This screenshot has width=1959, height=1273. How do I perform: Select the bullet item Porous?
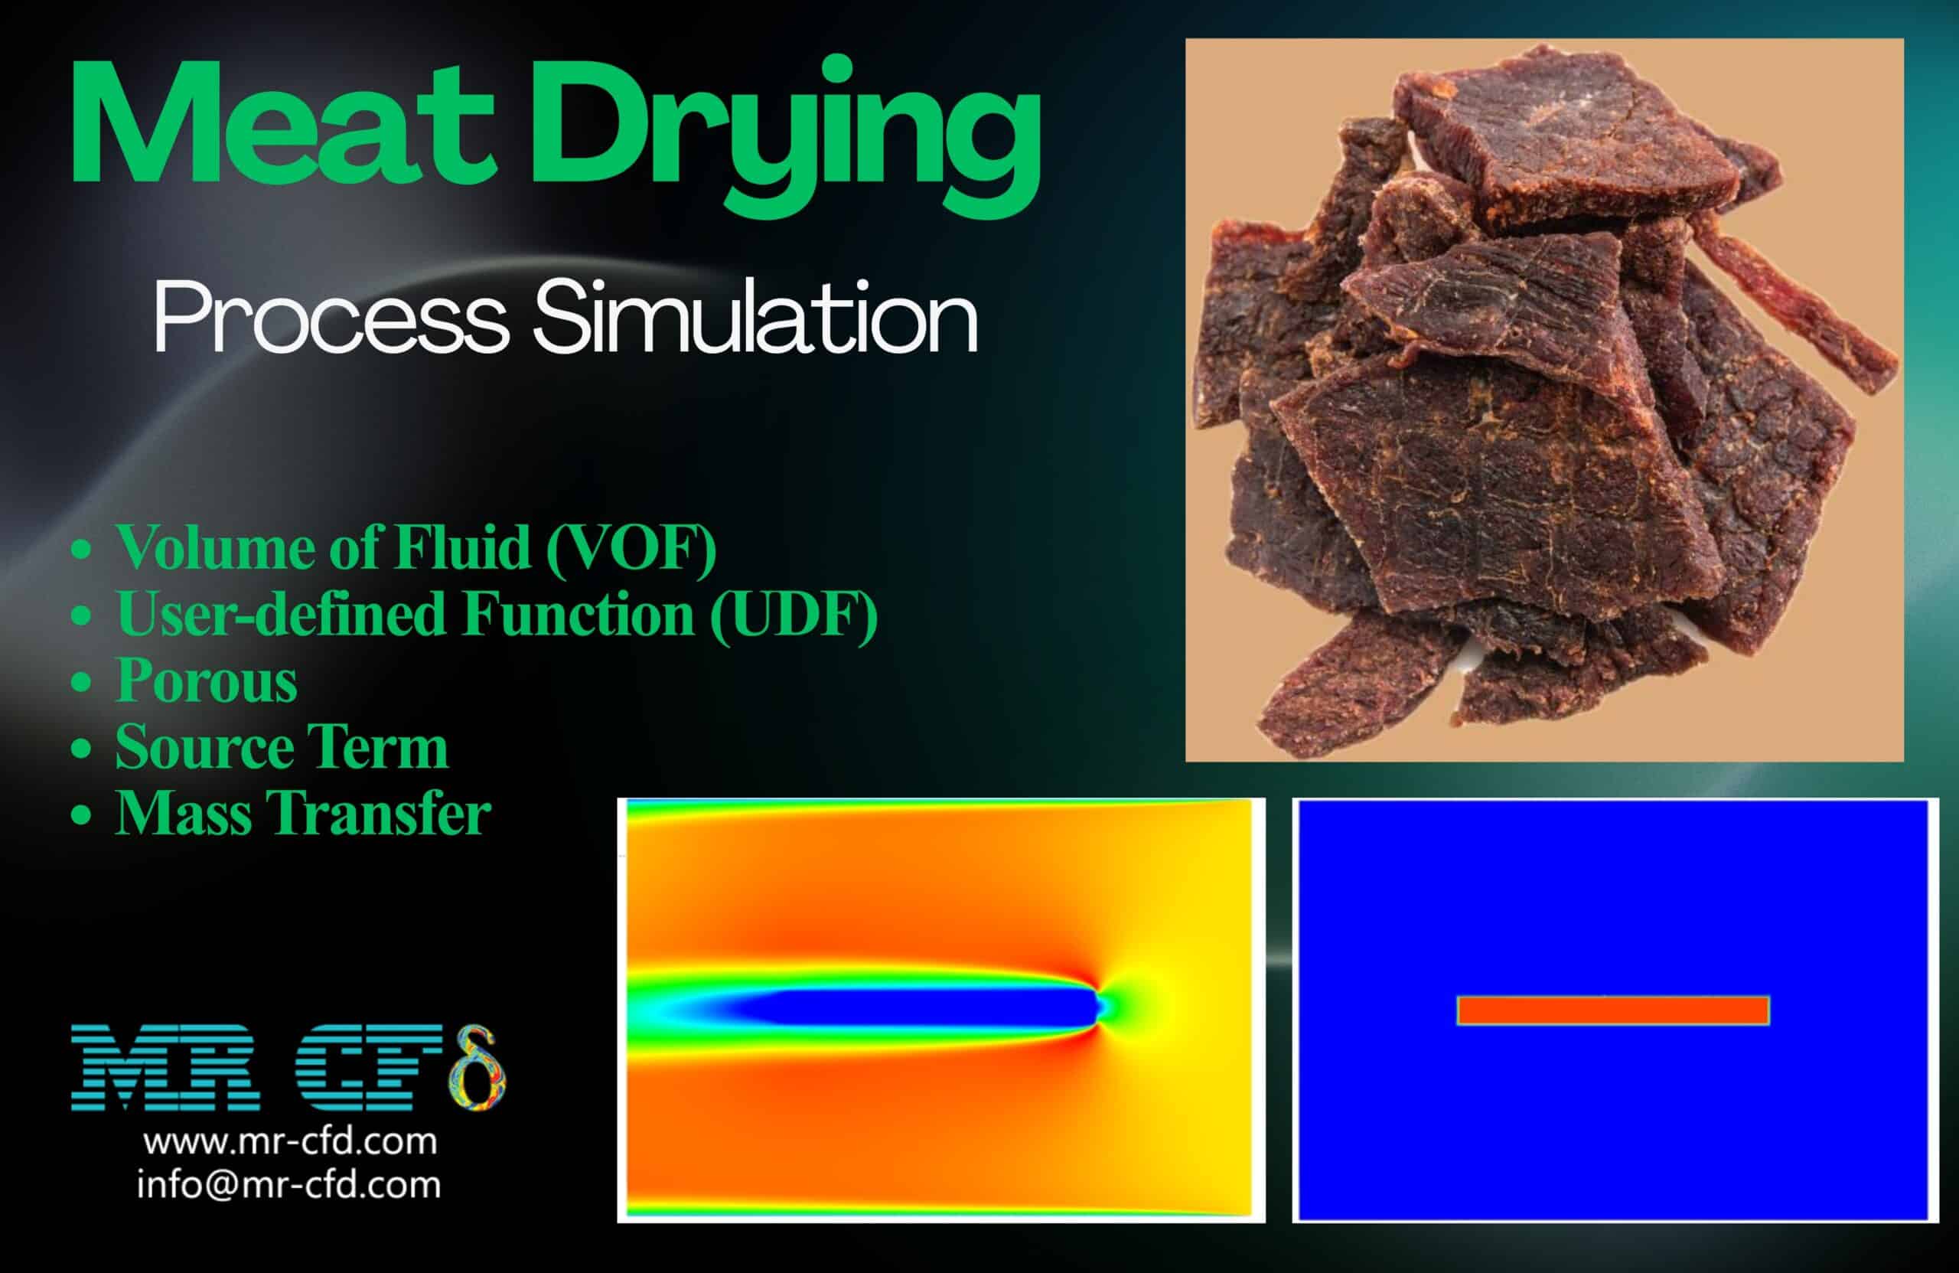206,681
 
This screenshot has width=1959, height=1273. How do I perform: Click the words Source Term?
282,747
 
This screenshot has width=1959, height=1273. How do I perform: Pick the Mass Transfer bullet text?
302,814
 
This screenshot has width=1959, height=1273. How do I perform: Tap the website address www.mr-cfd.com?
290,1142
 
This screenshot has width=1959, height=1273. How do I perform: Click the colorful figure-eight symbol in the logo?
477,1067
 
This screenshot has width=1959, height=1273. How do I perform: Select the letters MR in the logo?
165,1068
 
